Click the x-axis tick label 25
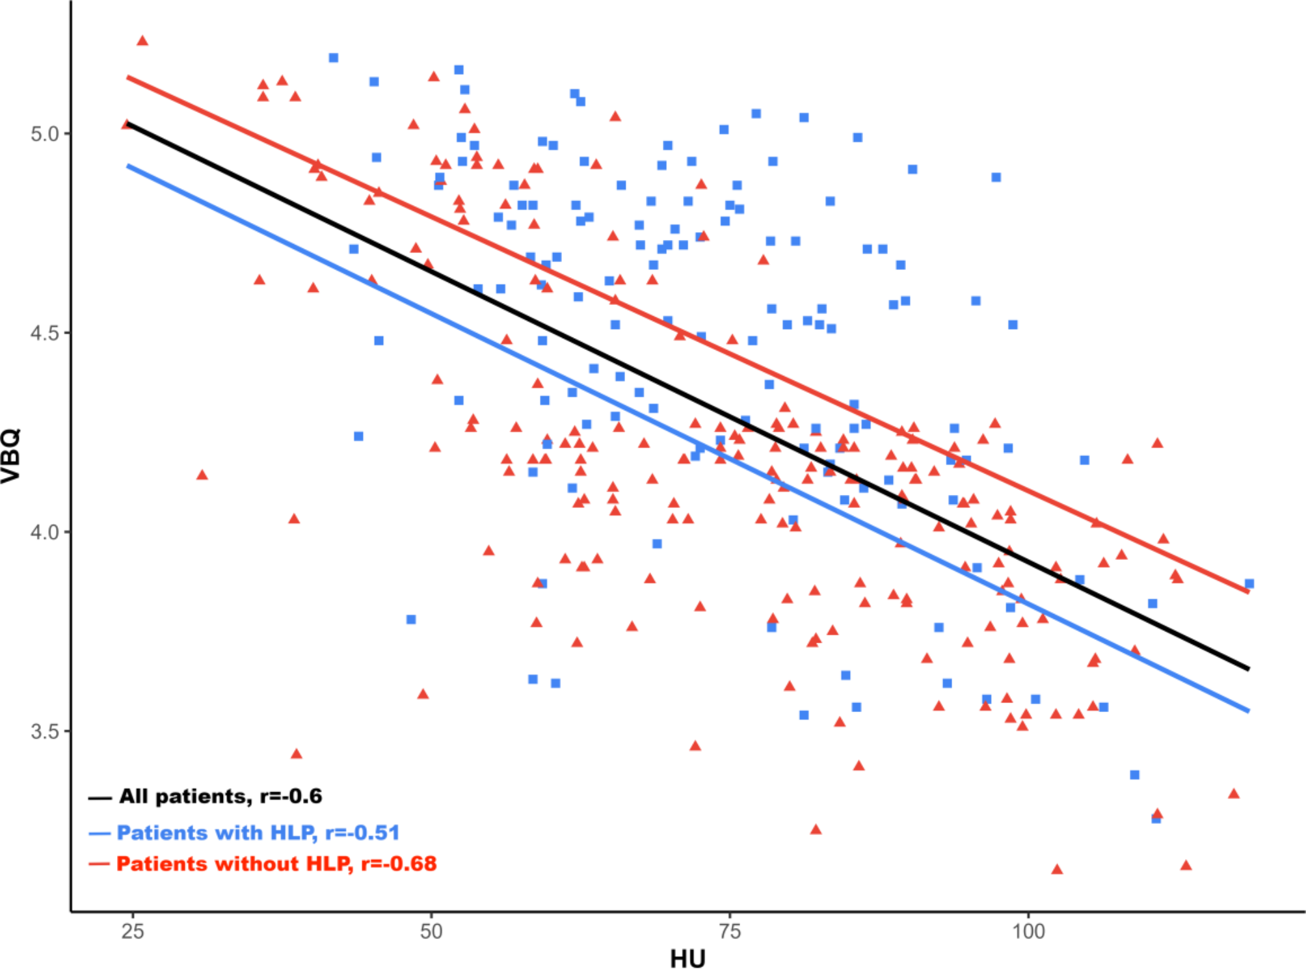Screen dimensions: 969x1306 point(133,931)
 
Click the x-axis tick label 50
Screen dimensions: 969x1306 point(431,931)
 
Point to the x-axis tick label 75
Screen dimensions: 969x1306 point(730,931)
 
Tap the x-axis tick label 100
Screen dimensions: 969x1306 point(1028,931)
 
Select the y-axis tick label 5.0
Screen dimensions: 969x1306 point(45,134)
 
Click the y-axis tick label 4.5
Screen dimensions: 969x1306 point(45,333)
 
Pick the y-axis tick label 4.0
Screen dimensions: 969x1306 point(45,532)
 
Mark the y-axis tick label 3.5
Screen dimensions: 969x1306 point(45,731)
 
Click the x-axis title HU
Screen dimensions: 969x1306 point(687,959)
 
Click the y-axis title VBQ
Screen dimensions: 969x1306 point(11,455)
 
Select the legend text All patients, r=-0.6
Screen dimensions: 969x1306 point(220,796)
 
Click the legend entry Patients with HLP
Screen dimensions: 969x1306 point(258,832)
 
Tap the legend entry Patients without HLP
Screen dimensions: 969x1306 point(276,864)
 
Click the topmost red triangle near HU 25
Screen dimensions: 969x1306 point(142,41)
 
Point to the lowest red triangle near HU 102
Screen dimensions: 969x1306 point(1057,869)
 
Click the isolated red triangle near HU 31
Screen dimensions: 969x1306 point(202,475)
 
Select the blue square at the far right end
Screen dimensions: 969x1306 point(1249,583)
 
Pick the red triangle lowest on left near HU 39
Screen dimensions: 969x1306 point(297,754)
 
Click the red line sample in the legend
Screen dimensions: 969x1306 point(100,864)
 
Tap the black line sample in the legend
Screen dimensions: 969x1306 point(100,797)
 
